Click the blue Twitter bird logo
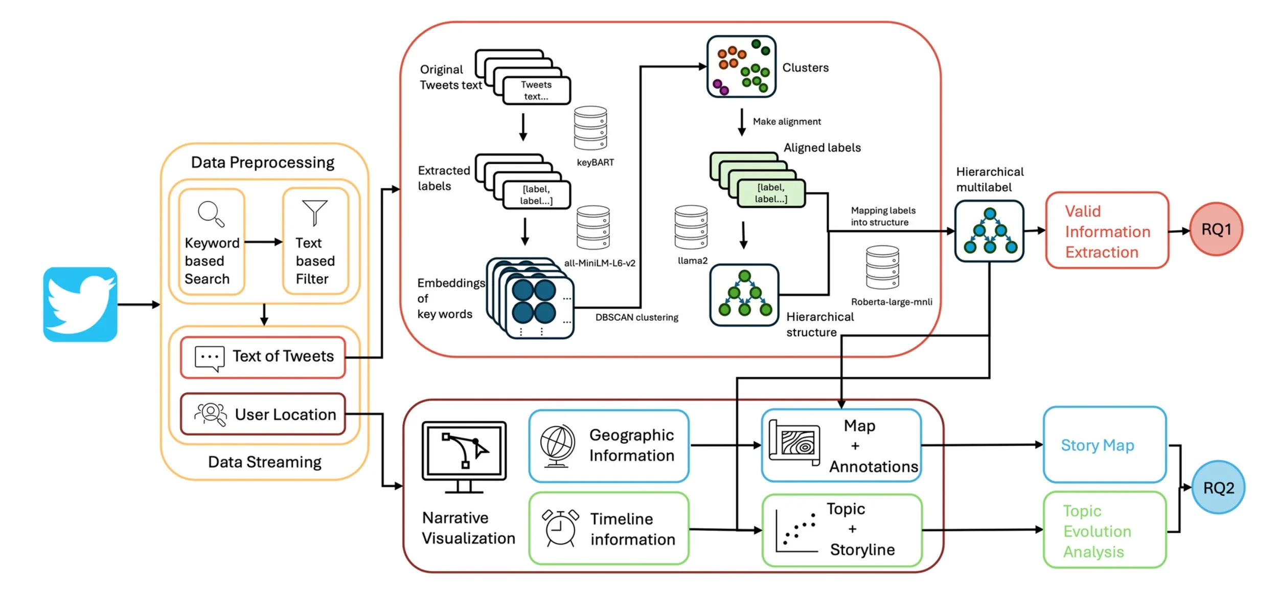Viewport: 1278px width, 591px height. (x=80, y=304)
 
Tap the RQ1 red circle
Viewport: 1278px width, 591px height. (x=1216, y=229)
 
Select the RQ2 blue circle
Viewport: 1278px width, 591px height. (x=1218, y=488)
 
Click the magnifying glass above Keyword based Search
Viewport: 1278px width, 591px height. (x=211, y=213)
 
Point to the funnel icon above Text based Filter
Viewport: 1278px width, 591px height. (x=314, y=212)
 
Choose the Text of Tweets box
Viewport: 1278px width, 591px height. (x=263, y=357)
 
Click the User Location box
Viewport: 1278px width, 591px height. (x=263, y=414)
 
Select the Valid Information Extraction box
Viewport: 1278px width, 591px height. (x=1107, y=231)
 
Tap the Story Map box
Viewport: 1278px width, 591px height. (x=1104, y=445)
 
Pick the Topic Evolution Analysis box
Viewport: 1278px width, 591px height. (x=1104, y=530)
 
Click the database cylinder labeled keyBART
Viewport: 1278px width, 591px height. (x=590, y=128)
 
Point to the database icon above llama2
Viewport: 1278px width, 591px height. (x=691, y=227)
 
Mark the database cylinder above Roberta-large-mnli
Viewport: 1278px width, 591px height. (x=882, y=267)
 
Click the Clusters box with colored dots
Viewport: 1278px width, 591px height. (x=741, y=67)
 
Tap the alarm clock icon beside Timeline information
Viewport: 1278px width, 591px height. (x=560, y=529)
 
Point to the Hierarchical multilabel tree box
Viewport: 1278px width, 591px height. (x=989, y=231)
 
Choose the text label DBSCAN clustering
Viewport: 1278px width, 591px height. (x=636, y=318)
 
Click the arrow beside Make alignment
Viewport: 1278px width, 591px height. (x=742, y=122)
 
